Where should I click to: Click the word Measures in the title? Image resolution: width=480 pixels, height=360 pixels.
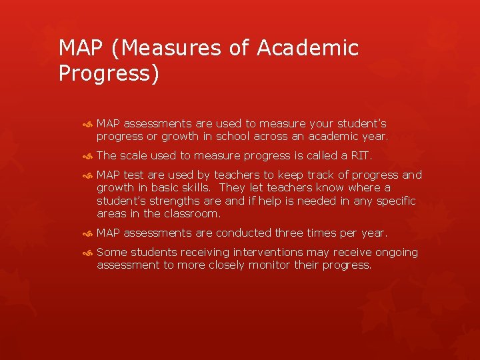[x=162, y=48]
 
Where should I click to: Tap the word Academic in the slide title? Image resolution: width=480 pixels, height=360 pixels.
[x=308, y=48]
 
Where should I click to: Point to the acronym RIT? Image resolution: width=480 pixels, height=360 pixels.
[x=361, y=156]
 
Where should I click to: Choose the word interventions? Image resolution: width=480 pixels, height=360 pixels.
[x=255, y=252]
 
